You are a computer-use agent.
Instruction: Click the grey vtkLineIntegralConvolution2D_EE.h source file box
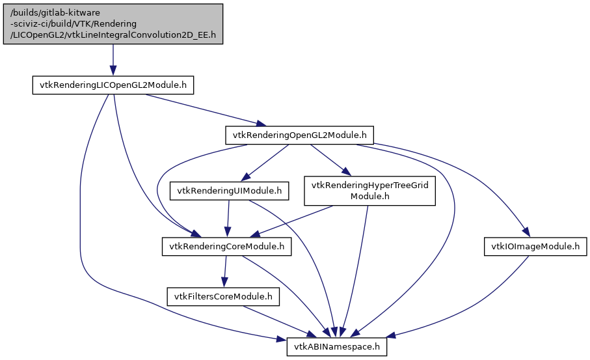point(113,23)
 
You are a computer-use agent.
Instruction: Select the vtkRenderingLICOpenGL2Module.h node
point(113,85)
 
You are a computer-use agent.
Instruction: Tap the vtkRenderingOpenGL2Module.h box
point(299,135)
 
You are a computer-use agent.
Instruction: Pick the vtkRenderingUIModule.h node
point(228,191)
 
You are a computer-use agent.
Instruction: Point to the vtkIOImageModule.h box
point(535,247)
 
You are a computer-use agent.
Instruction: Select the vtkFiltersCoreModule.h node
point(223,297)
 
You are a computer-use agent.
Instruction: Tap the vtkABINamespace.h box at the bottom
point(337,347)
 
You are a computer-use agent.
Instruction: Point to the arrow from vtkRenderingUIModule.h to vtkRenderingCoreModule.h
point(228,219)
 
